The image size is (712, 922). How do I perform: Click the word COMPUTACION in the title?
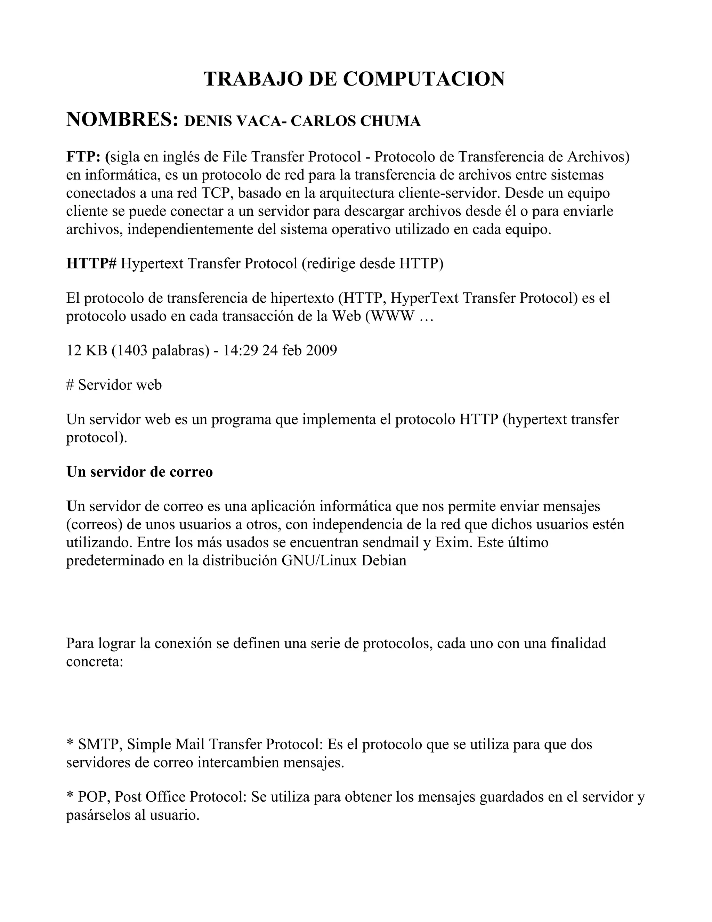point(423,79)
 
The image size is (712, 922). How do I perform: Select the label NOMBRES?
point(122,119)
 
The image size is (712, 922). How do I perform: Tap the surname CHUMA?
point(390,121)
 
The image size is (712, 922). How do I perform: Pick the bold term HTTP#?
point(91,263)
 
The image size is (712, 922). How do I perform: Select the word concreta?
point(95,661)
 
